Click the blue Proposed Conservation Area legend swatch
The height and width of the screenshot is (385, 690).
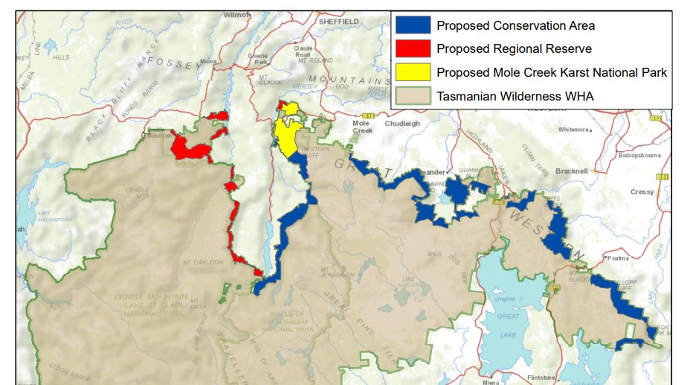tap(413, 26)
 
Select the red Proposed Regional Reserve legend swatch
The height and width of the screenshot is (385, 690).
tap(413, 49)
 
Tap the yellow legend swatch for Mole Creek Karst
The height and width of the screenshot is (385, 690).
tap(413, 72)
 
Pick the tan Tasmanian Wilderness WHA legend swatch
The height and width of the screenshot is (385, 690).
tap(413, 95)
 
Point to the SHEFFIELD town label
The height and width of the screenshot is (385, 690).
tap(338, 22)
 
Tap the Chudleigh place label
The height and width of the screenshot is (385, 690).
tap(402, 124)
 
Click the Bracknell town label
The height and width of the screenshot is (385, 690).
tap(570, 171)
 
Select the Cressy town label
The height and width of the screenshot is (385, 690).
tap(642, 191)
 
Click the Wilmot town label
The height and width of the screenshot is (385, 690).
tap(237, 14)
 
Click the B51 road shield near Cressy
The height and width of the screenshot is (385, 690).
tap(662, 176)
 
